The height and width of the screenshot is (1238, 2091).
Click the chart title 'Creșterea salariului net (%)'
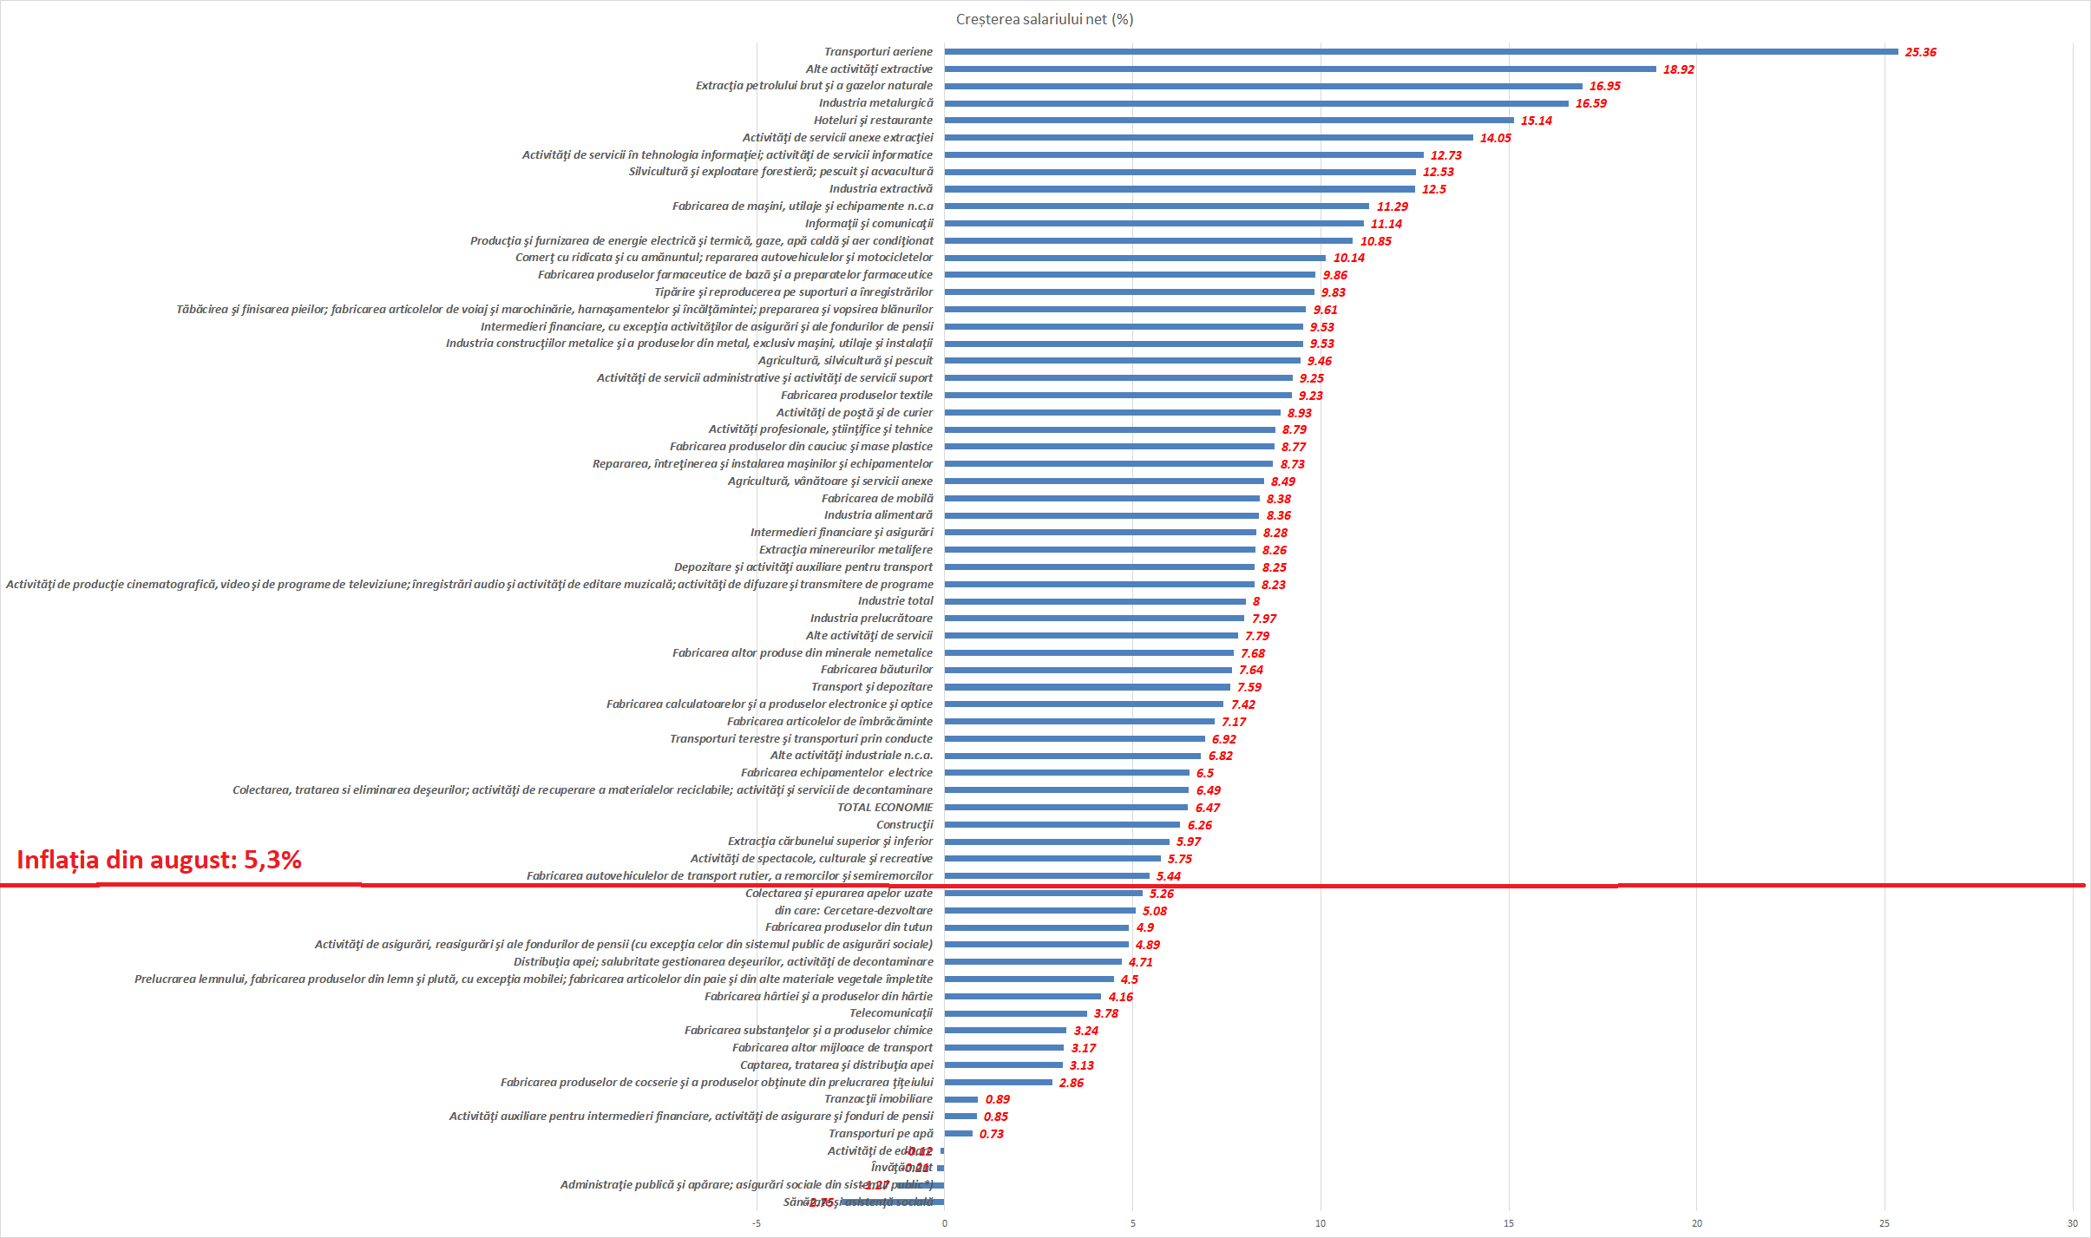[1044, 19]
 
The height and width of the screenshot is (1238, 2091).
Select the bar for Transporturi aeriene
[1420, 52]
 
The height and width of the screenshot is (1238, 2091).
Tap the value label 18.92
[1678, 69]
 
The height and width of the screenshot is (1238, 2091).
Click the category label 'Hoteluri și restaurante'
[873, 121]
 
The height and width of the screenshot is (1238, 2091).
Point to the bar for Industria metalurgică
[1255, 103]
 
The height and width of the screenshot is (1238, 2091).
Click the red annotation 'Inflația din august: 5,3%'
[160, 860]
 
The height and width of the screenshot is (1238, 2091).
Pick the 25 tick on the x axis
[1885, 1223]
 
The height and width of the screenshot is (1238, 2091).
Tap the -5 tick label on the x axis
[757, 1223]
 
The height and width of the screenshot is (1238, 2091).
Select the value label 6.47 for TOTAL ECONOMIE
[1207, 808]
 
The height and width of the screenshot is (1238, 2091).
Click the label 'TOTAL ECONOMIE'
[885, 808]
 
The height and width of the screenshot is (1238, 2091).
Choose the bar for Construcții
[1062, 825]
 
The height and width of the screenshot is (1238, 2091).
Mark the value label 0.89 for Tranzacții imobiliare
[997, 1099]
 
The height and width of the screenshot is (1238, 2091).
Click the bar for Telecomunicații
[1015, 1013]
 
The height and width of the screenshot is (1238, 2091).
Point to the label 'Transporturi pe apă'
[881, 1134]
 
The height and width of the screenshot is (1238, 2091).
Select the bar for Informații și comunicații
[1154, 224]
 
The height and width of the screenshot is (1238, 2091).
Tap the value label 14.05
[1495, 138]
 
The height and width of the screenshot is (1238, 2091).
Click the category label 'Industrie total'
[895, 601]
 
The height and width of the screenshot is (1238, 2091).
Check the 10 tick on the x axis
[1321, 1223]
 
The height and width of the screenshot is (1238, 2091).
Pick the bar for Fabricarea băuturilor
[1088, 670]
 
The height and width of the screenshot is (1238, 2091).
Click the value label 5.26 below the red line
[1161, 894]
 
